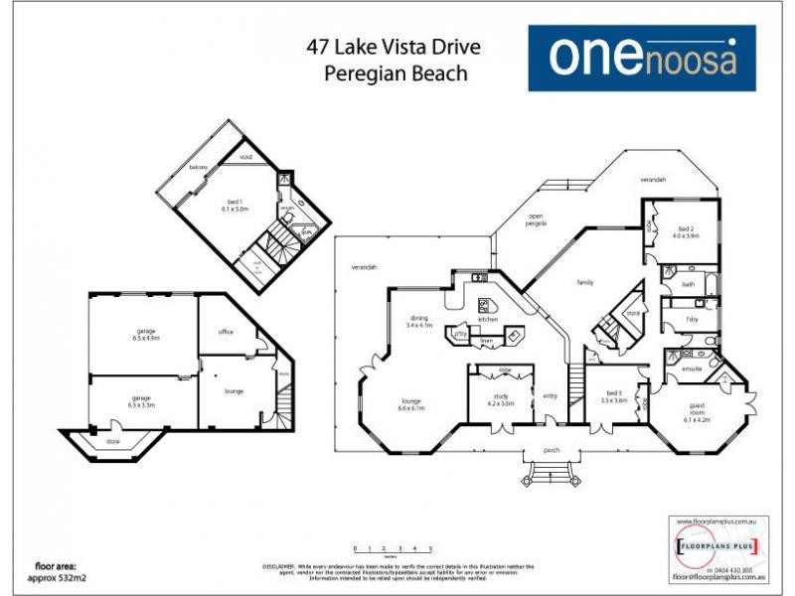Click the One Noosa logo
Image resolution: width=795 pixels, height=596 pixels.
coord(642,58)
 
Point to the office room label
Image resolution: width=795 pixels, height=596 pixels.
coord(226,331)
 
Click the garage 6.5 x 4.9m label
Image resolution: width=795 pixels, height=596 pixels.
coord(146,335)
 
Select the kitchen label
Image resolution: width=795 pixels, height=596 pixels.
coord(487,319)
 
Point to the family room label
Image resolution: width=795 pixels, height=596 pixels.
coord(586,282)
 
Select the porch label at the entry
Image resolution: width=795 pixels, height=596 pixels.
coord(552,450)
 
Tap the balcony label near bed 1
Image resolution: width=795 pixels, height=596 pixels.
coord(199,167)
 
